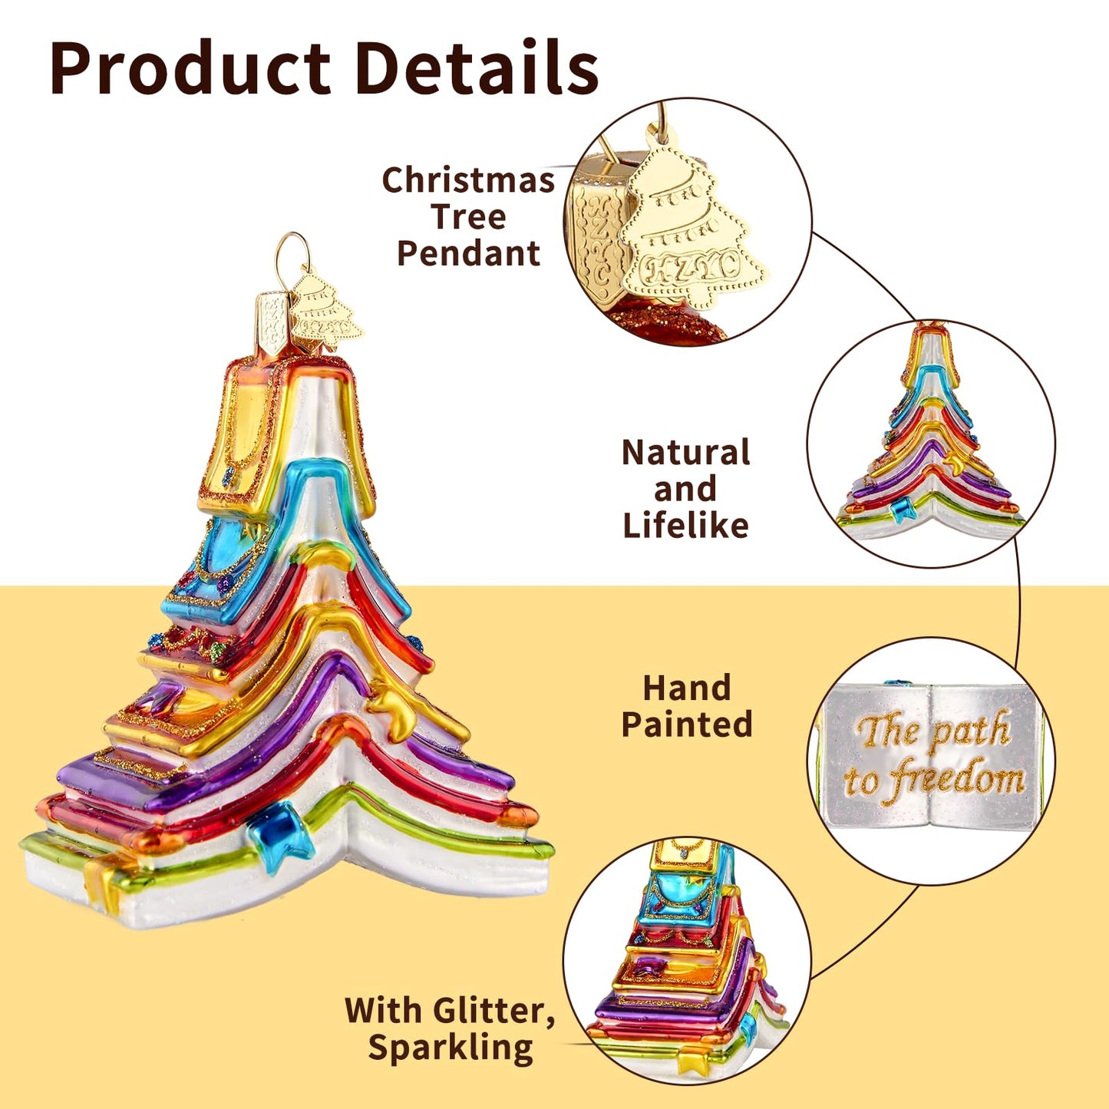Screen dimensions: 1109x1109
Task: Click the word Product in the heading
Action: pos(190,68)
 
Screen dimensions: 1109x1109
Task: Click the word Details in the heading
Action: pos(477,67)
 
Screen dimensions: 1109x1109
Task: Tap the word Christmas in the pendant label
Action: pos(468,180)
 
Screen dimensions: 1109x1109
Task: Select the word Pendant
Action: pos(469,252)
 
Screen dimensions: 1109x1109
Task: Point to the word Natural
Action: pos(686,452)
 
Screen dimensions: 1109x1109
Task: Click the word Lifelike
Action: pos(686,524)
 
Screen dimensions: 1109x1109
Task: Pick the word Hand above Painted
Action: pos(687,688)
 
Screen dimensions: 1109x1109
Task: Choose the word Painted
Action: pos(687,724)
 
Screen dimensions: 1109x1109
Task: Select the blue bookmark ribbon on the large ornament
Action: pos(281,837)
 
